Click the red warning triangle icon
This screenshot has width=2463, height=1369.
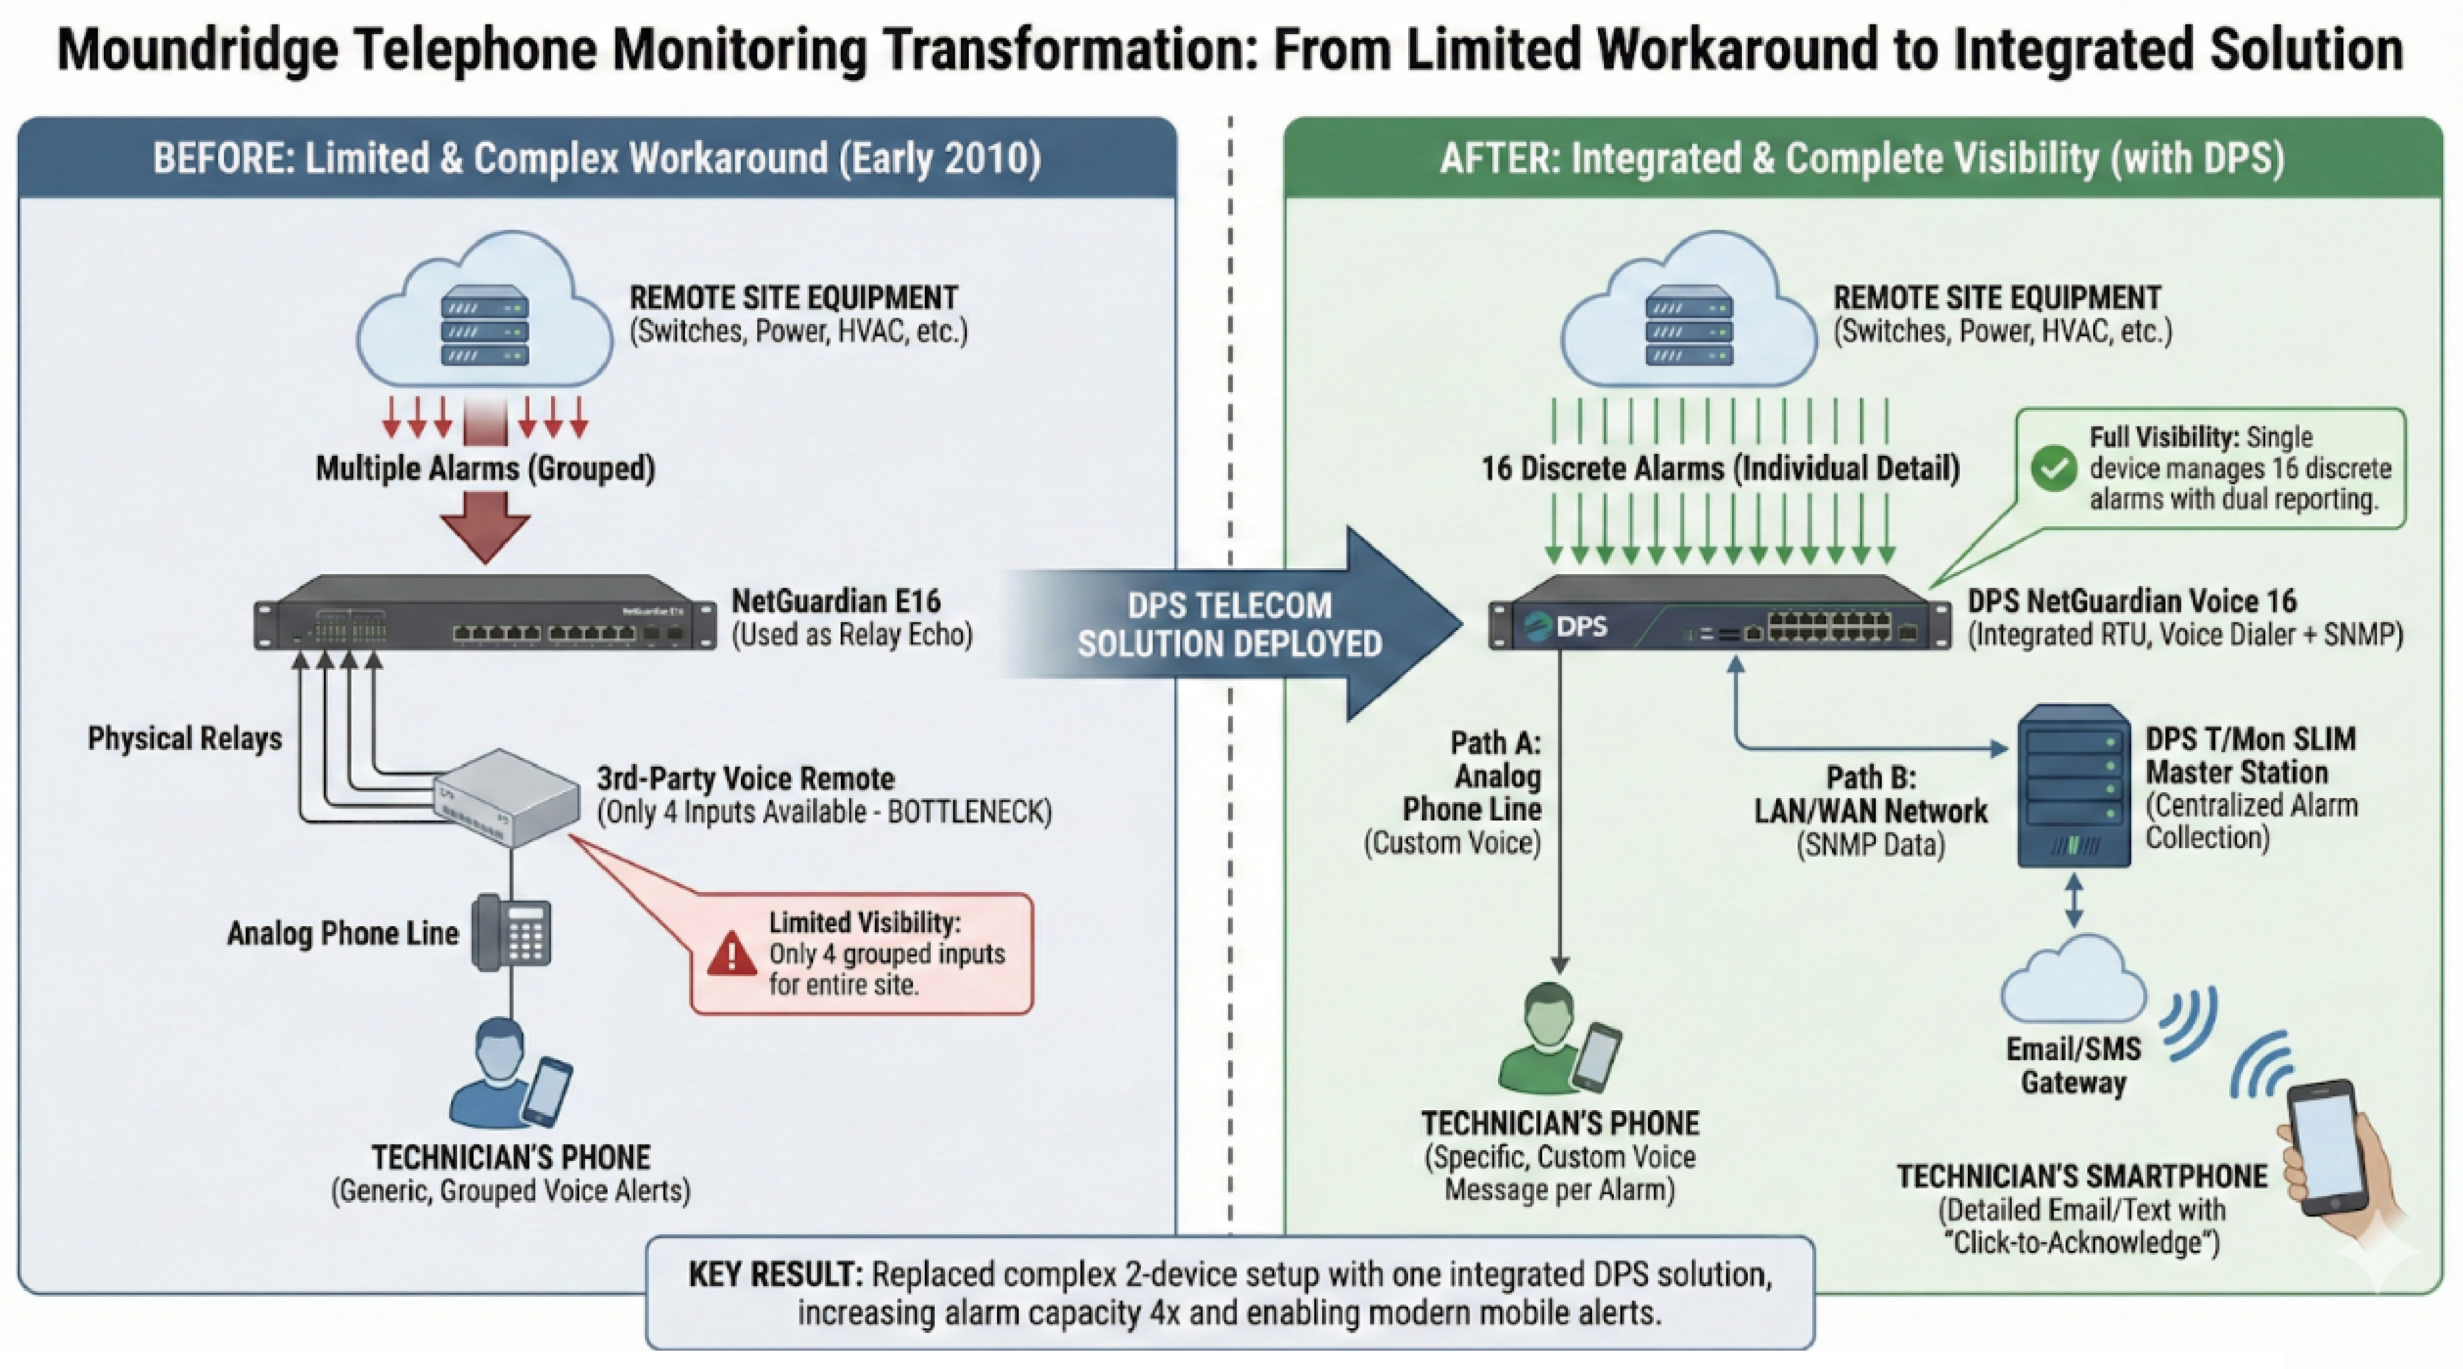coord(732,954)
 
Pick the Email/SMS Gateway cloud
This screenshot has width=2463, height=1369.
coord(2072,985)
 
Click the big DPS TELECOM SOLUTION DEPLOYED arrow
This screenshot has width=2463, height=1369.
coord(1233,624)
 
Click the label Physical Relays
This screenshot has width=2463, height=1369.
coord(185,738)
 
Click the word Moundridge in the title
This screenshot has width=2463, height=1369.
coord(198,50)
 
